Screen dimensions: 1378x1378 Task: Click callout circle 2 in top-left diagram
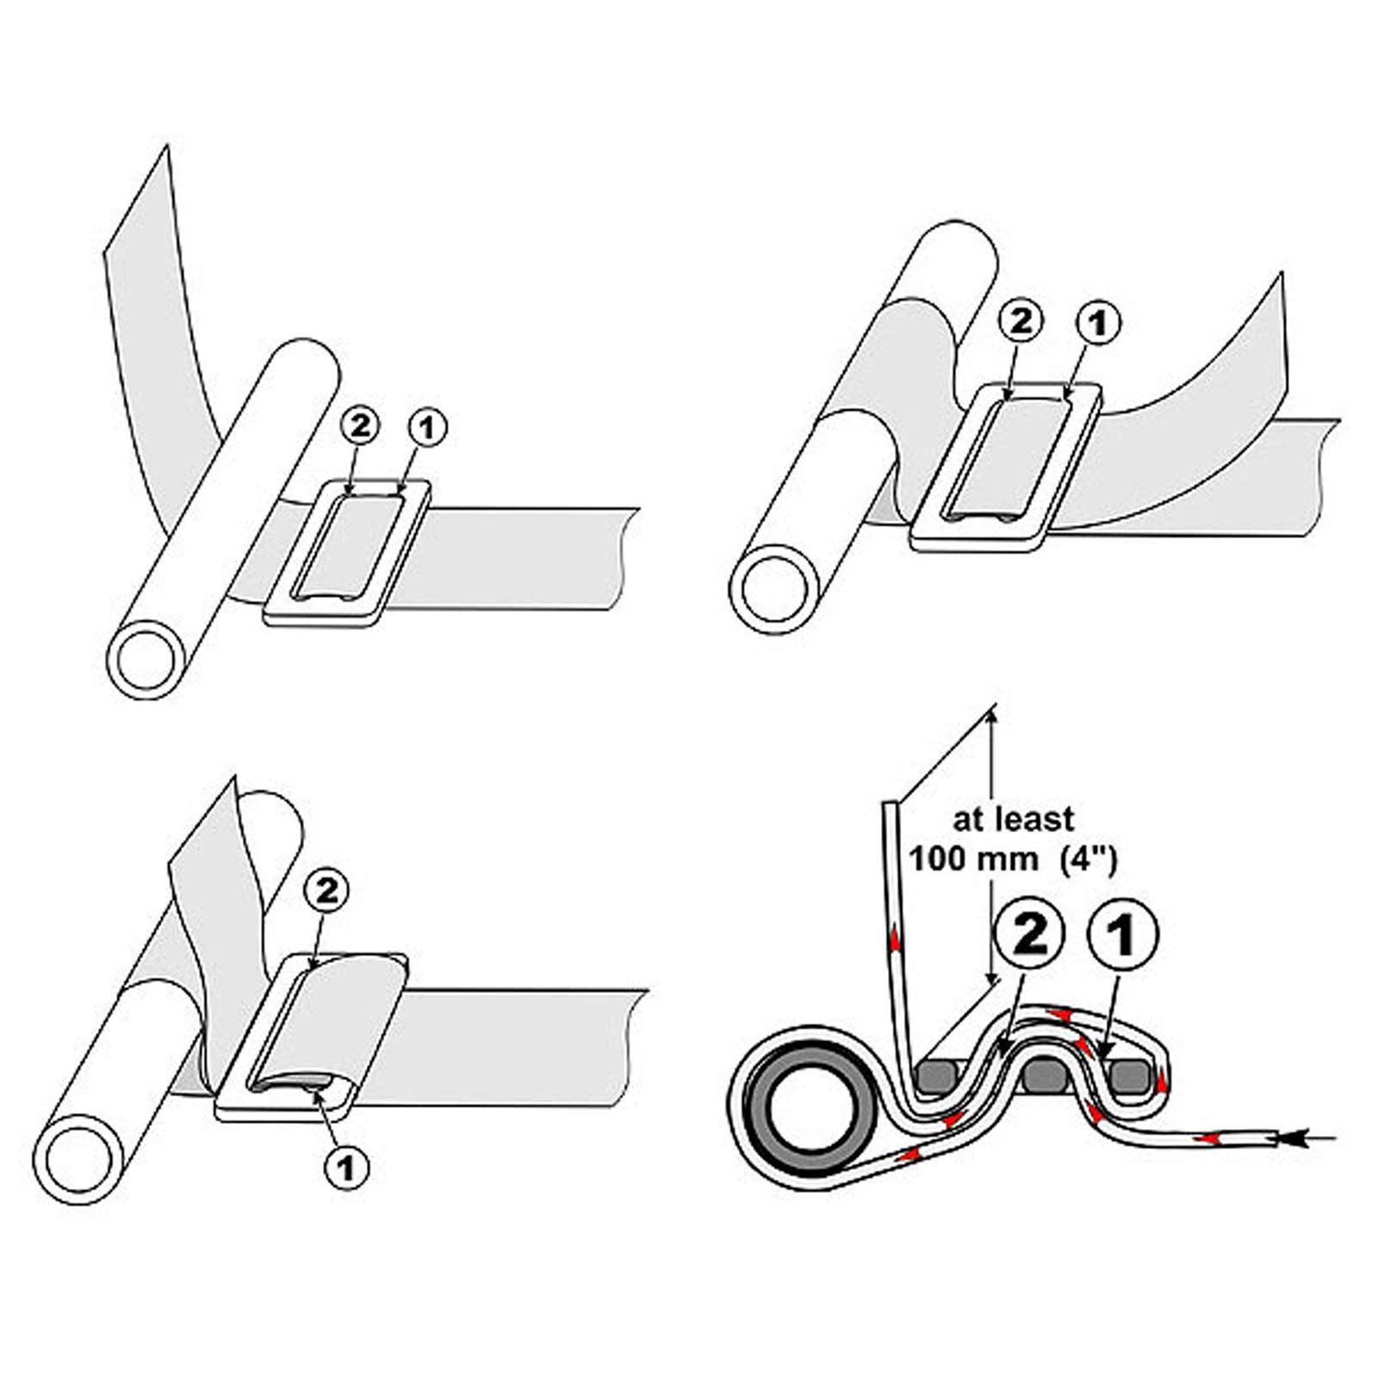[x=360, y=425]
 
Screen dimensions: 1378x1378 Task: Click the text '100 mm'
[x=959, y=860]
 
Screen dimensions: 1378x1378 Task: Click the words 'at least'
[x=1002, y=818]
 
